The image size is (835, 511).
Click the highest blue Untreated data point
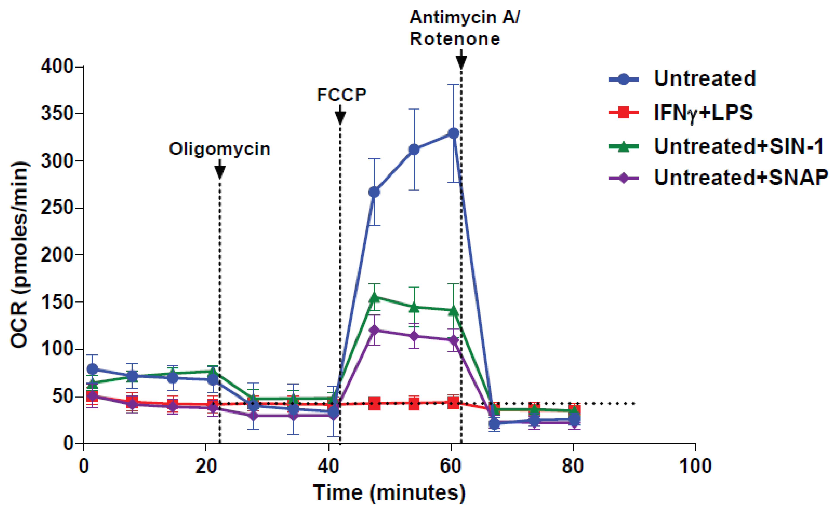(453, 133)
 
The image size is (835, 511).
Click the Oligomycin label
(219, 149)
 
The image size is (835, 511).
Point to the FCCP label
(341, 95)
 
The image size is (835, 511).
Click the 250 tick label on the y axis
(57, 207)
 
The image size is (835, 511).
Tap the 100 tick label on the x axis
(695, 466)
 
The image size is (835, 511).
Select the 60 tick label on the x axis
(450, 466)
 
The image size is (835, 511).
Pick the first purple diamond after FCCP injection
(374, 330)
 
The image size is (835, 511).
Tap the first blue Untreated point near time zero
(92, 369)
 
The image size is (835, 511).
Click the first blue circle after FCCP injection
(374, 192)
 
